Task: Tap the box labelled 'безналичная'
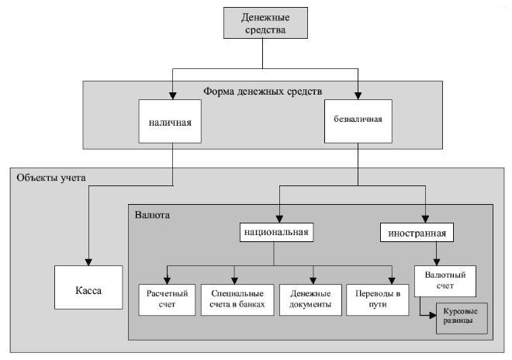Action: tap(359, 121)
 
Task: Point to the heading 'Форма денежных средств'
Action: tap(265, 90)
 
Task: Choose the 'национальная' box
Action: tap(274, 231)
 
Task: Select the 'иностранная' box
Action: tap(417, 231)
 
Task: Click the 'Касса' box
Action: tap(88, 292)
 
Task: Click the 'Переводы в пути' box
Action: tap(376, 299)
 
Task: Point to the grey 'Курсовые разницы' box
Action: tap(462, 319)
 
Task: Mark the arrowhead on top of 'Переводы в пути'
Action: tap(392, 280)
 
